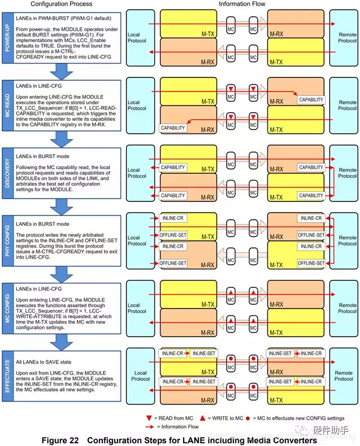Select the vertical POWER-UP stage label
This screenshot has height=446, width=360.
(7, 38)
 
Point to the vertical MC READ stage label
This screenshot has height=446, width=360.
(7, 105)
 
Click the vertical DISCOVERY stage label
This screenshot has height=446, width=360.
(7, 172)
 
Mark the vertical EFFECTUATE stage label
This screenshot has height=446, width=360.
(7, 375)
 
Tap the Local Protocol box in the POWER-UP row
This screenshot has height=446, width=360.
(140, 38)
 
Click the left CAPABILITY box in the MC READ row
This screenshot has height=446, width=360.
(173, 128)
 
